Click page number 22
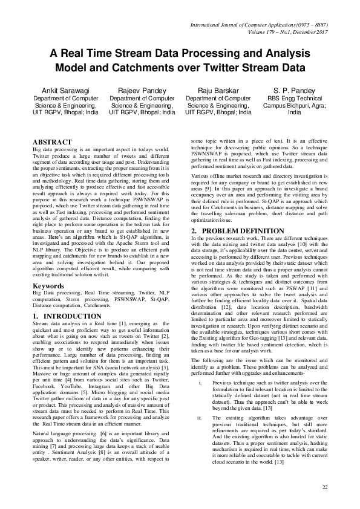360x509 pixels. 325,487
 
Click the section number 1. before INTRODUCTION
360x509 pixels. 36,316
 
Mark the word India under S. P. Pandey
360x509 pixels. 294,112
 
